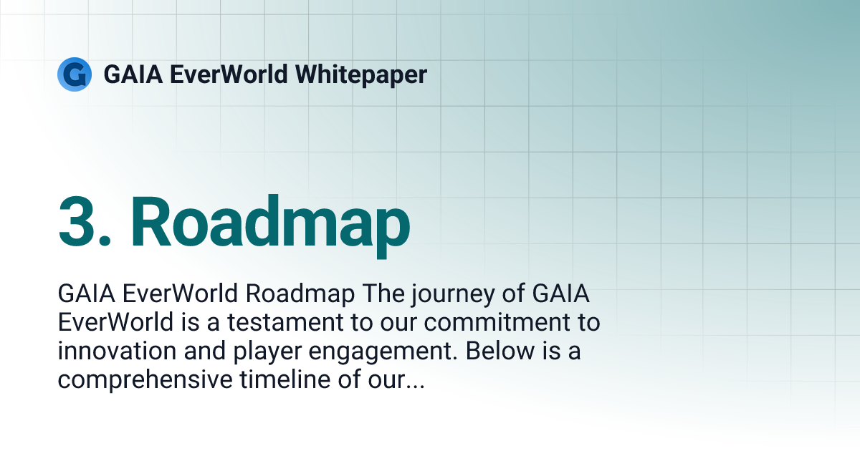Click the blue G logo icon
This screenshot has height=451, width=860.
(74, 74)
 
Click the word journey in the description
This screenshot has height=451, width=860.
(453, 294)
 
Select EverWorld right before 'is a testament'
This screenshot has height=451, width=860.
(115, 323)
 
